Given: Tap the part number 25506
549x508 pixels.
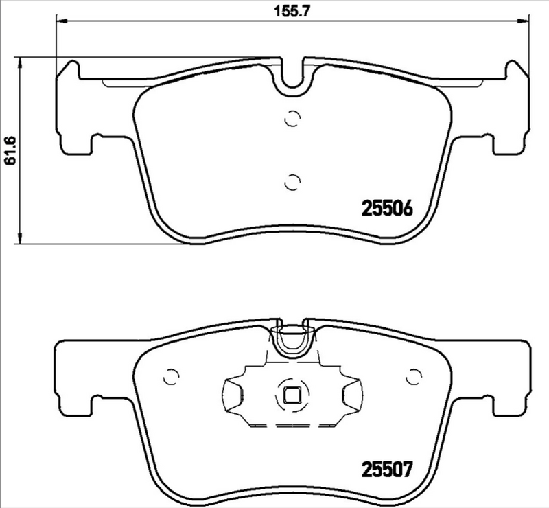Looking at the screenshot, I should click(386, 209).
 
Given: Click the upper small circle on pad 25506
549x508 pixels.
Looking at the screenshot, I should click(292, 119).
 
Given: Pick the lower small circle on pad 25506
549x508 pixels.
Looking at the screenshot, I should click(292, 182).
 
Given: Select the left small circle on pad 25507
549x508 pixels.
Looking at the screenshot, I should click(168, 378).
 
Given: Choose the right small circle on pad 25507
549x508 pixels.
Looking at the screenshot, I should click(414, 378).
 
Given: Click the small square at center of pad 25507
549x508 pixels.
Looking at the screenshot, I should click(292, 395).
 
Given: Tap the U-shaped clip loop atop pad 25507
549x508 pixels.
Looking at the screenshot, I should click(292, 340).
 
